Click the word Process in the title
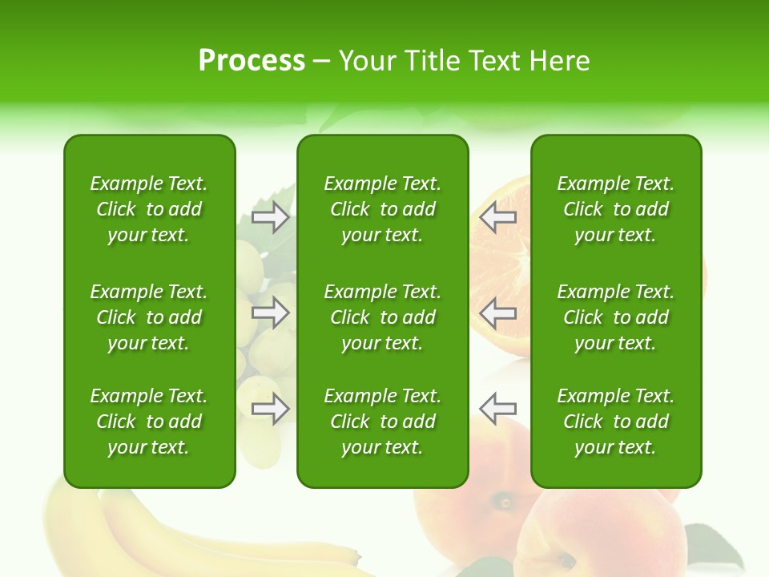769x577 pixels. click(252, 61)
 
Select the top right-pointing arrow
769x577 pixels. click(271, 216)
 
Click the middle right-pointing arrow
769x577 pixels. click(271, 313)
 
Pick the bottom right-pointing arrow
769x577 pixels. click(271, 409)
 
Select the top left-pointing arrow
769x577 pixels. click(498, 216)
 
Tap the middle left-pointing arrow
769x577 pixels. click(498, 313)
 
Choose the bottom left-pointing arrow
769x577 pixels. click(498, 409)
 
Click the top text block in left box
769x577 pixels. click(149, 209)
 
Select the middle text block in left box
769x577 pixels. click(149, 317)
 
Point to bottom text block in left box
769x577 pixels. click(149, 422)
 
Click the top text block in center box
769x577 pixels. click(382, 209)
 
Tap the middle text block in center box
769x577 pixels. click(382, 317)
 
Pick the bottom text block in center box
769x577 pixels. click(382, 422)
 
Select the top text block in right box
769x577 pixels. click(615, 209)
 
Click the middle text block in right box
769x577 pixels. click(615, 317)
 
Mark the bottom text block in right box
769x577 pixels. click(615, 422)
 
